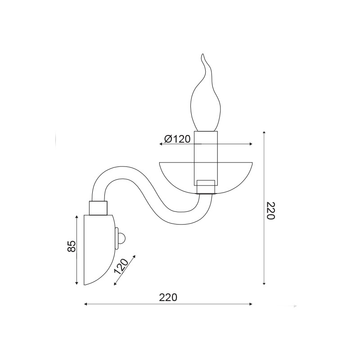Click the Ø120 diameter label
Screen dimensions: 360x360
click(x=177, y=139)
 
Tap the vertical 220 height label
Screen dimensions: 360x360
click(x=270, y=211)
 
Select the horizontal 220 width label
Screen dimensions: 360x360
click(x=168, y=297)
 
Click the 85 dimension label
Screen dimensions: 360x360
click(x=72, y=246)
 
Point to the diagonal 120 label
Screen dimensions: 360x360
click(x=121, y=266)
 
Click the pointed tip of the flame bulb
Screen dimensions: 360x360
click(x=202, y=54)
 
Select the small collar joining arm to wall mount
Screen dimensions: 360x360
click(x=98, y=208)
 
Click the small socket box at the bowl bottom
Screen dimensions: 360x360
click(x=206, y=187)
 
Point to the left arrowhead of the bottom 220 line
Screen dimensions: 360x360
click(x=85, y=304)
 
